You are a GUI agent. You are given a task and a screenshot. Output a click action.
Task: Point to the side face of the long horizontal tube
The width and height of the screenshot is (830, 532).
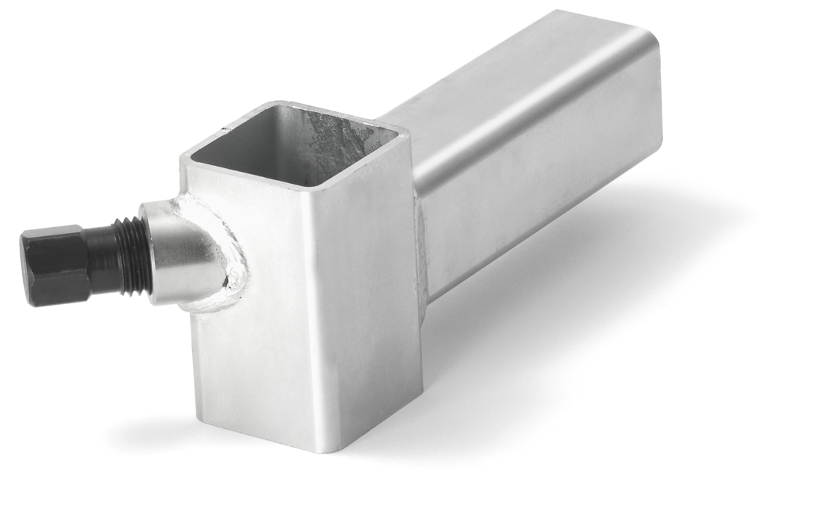click(x=538, y=194)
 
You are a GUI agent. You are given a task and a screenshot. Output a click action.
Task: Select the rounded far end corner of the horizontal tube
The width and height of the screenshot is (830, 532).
click(x=654, y=45)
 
